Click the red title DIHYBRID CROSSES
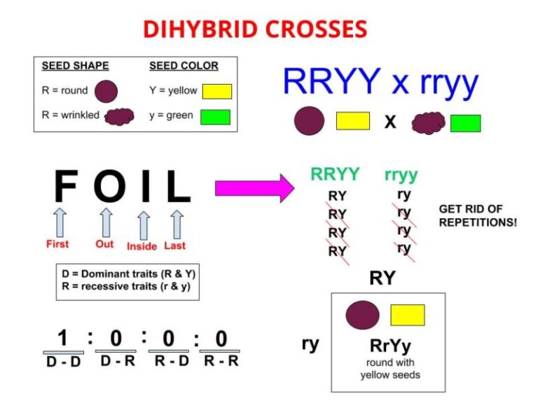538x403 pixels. click(255, 29)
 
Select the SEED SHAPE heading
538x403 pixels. click(75, 66)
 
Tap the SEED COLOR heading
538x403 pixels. click(184, 66)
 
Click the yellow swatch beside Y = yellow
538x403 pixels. click(217, 92)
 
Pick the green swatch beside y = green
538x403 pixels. click(216, 117)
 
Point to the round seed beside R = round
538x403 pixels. click(106, 92)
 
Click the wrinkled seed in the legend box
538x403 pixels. click(119, 117)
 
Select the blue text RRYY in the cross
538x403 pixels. click(331, 81)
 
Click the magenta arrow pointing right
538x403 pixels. click(254, 188)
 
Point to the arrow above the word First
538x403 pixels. click(60, 222)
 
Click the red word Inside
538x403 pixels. click(142, 246)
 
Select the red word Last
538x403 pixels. click(174, 246)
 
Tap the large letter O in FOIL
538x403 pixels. click(110, 185)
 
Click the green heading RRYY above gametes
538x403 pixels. click(335, 174)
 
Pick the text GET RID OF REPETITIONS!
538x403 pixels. click(478, 215)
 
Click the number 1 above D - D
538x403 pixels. click(62, 337)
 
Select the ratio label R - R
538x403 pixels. click(221, 361)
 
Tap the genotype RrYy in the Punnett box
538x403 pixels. click(390, 346)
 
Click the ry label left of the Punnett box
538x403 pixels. click(310, 344)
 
